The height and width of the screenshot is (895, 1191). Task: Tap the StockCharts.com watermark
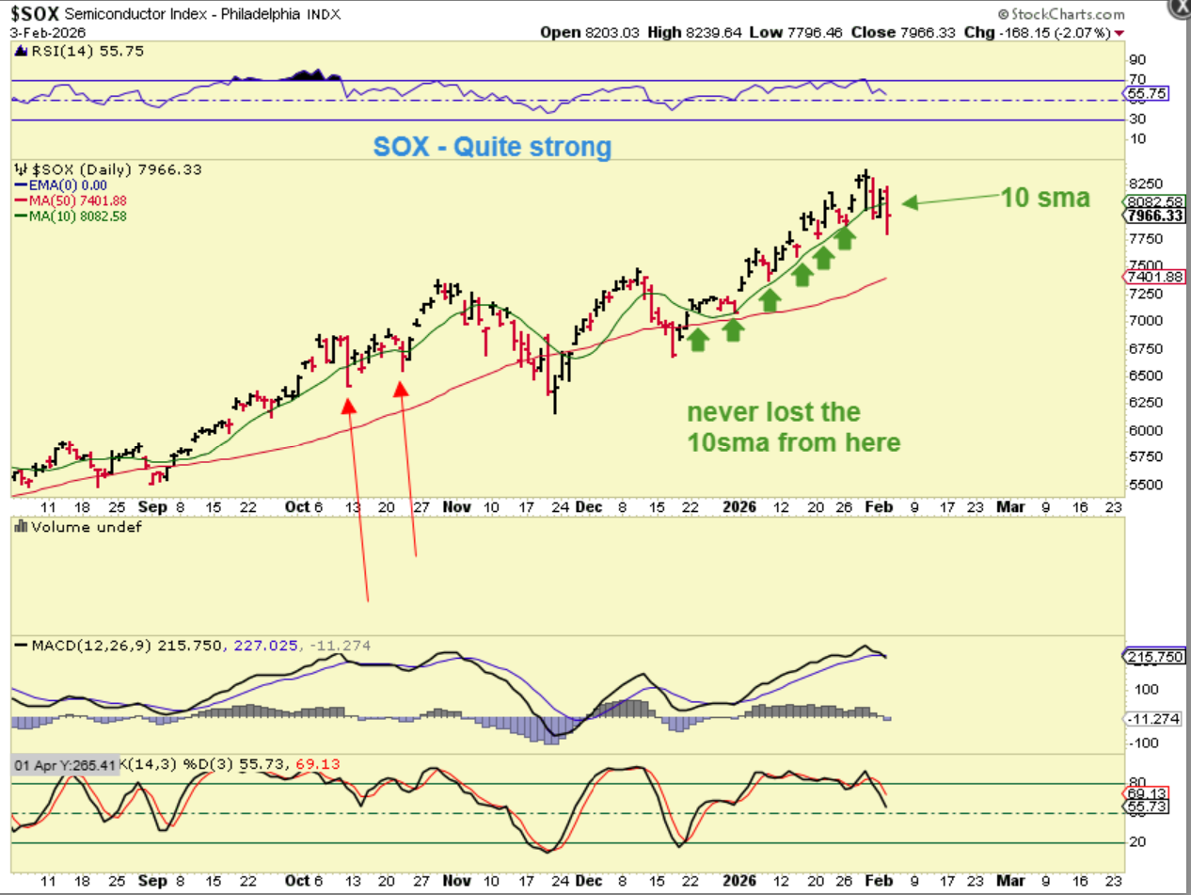tap(1064, 14)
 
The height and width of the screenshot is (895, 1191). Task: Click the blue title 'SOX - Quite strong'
tap(492, 147)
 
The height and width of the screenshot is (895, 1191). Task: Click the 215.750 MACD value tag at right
tap(1155, 656)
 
